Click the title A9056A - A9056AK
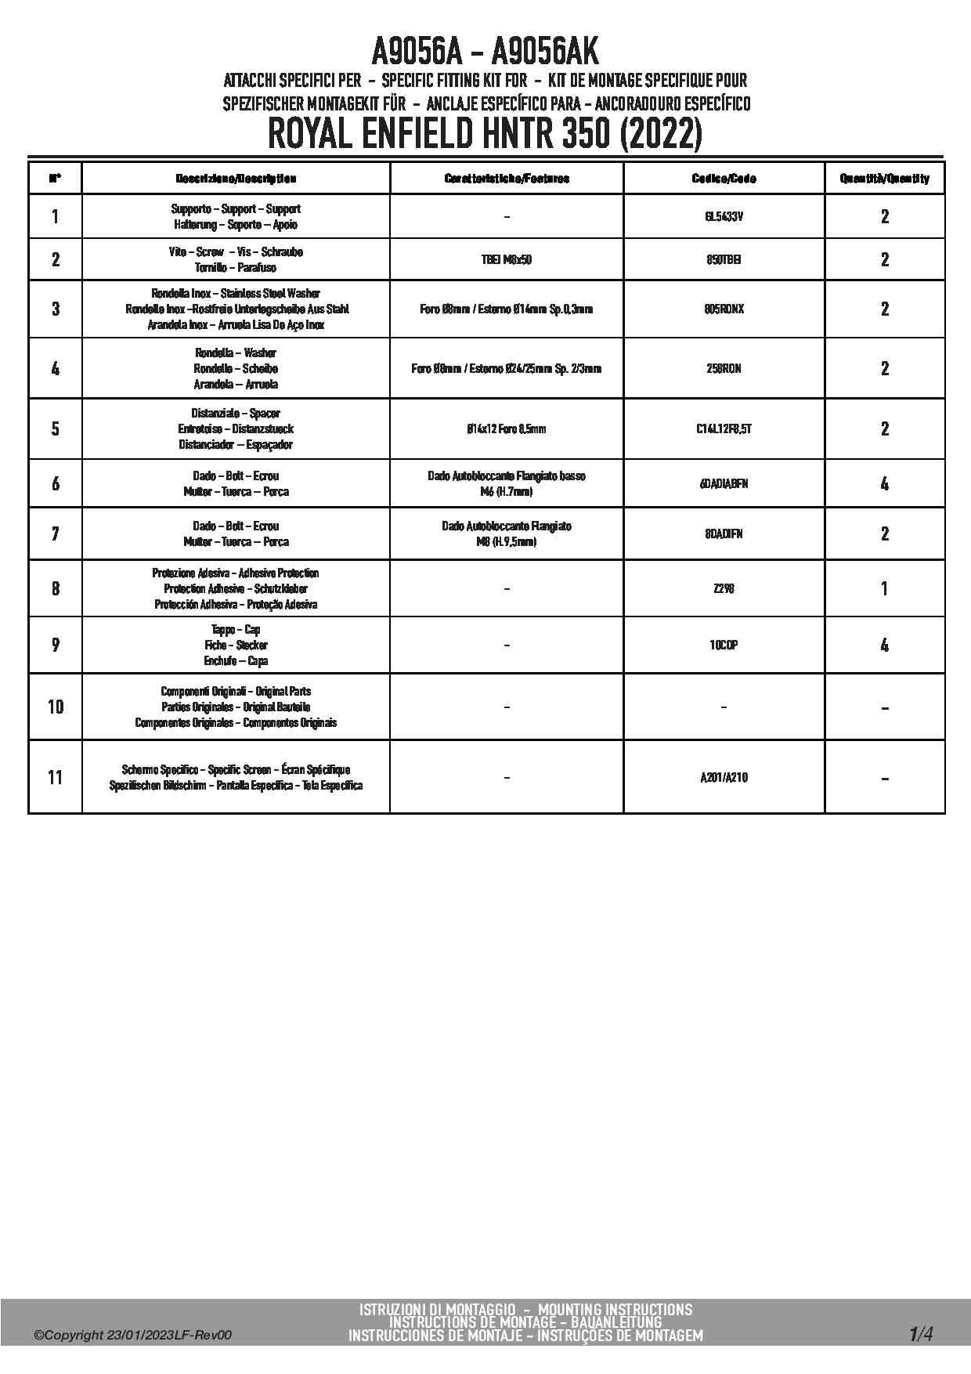tap(485, 52)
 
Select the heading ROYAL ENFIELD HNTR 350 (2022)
tap(485, 134)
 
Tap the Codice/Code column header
tap(724, 179)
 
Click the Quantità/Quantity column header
tap(884, 179)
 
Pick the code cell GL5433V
tap(724, 217)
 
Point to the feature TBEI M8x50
tap(506, 260)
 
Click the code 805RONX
tap(724, 309)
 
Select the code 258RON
tap(724, 369)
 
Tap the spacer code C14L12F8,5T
tap(724, 429)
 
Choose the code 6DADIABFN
tap(724, 484)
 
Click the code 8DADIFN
tap(724, 534)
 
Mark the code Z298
tap(724, 589)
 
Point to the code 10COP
tap(724, 645)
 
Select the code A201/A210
tap(724, 778)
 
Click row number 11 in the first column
tap(55, 778)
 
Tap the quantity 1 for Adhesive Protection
tap(884, 589)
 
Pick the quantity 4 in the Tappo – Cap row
tap(884, 645)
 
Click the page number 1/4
tap(921, 1334)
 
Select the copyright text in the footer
tap(132, 1336)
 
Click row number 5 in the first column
tap(55, 429)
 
